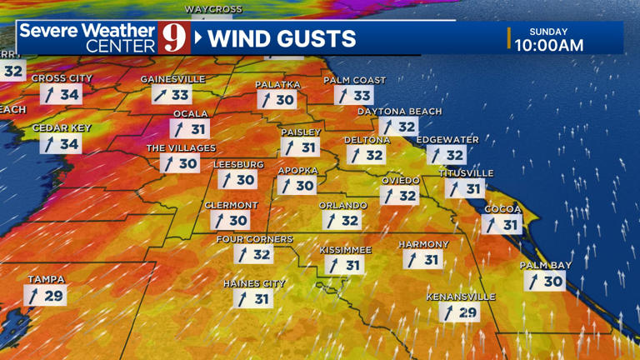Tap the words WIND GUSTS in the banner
click(282, 38)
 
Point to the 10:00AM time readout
click(549, 46)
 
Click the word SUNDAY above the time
click(549, 32)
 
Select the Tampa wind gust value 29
click(53, 296)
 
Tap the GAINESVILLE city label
click(172, 79)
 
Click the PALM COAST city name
click(354, 80)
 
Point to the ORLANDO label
click(342, 205)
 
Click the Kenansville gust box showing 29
click(460, 312)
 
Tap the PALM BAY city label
click(546, 265)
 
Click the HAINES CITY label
click(254, 283)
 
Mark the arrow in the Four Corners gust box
click(242, 255)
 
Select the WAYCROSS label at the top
click(213, 9)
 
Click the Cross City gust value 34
click(70, 94)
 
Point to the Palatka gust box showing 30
click(277, 100)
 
